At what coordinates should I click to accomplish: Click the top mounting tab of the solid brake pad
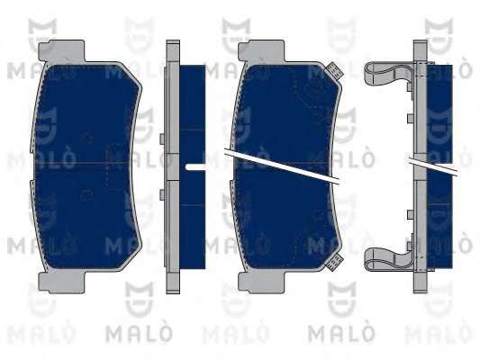pos(61,50)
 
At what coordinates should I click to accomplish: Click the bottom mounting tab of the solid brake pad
pos(61,283)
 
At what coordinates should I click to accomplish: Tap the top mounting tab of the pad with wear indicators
pos(262,50)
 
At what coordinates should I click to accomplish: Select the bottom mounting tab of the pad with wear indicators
pos(262,283)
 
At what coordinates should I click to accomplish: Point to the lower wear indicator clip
pos(334,262)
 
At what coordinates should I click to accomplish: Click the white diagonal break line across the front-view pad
pos(282,166)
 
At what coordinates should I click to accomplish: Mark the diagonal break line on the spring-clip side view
pos(433,166)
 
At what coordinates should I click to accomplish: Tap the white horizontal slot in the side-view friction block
pos(195,166)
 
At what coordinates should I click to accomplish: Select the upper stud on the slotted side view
pos(162,139)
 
